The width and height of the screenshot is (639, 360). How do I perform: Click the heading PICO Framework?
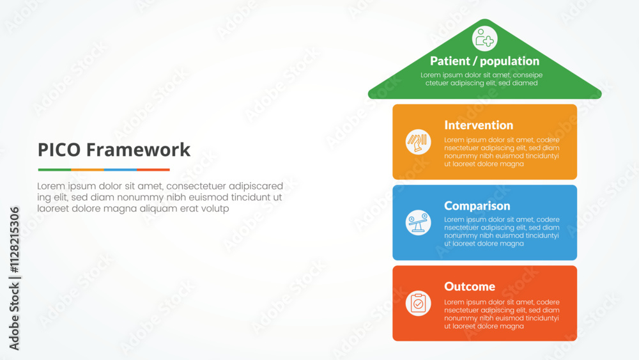point(114,150)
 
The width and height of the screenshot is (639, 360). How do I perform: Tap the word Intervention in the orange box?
point(479,125)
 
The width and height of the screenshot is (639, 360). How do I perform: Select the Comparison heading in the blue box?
point(477,206)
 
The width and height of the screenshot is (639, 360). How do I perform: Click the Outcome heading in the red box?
point(470,286)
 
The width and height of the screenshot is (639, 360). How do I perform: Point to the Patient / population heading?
point(484,61)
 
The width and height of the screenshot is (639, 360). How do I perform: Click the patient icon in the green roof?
point(485,38)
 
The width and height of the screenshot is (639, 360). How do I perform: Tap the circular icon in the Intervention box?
point(418,142)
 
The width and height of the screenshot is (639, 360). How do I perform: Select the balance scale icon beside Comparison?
point(418,223)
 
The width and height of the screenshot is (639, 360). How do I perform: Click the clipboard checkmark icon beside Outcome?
point(418,303)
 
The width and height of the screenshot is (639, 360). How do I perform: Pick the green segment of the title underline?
point(54,170)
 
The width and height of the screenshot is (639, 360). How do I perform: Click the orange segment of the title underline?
point(88,170)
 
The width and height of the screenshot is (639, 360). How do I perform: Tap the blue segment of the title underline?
point(120,170)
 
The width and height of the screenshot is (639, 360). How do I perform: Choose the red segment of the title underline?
point(153,170)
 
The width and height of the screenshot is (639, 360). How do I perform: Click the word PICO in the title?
point(59,150)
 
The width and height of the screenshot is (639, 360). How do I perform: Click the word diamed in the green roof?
point(524,83)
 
